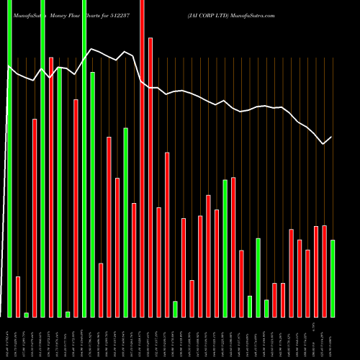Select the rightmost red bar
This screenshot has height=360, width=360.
click(x=324, y=271)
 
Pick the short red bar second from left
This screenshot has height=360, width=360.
click(x=18, y=297)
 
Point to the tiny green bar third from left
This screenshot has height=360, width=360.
click(x=26, y=315)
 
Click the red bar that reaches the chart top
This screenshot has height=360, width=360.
click(x=142, y=158)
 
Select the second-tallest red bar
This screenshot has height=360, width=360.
click(x=150, y=177)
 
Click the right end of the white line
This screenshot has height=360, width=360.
click(x=332, y=137)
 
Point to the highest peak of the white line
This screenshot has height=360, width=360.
click(x=91, y=49)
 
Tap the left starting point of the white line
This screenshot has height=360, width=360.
click(x=9, y=67)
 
